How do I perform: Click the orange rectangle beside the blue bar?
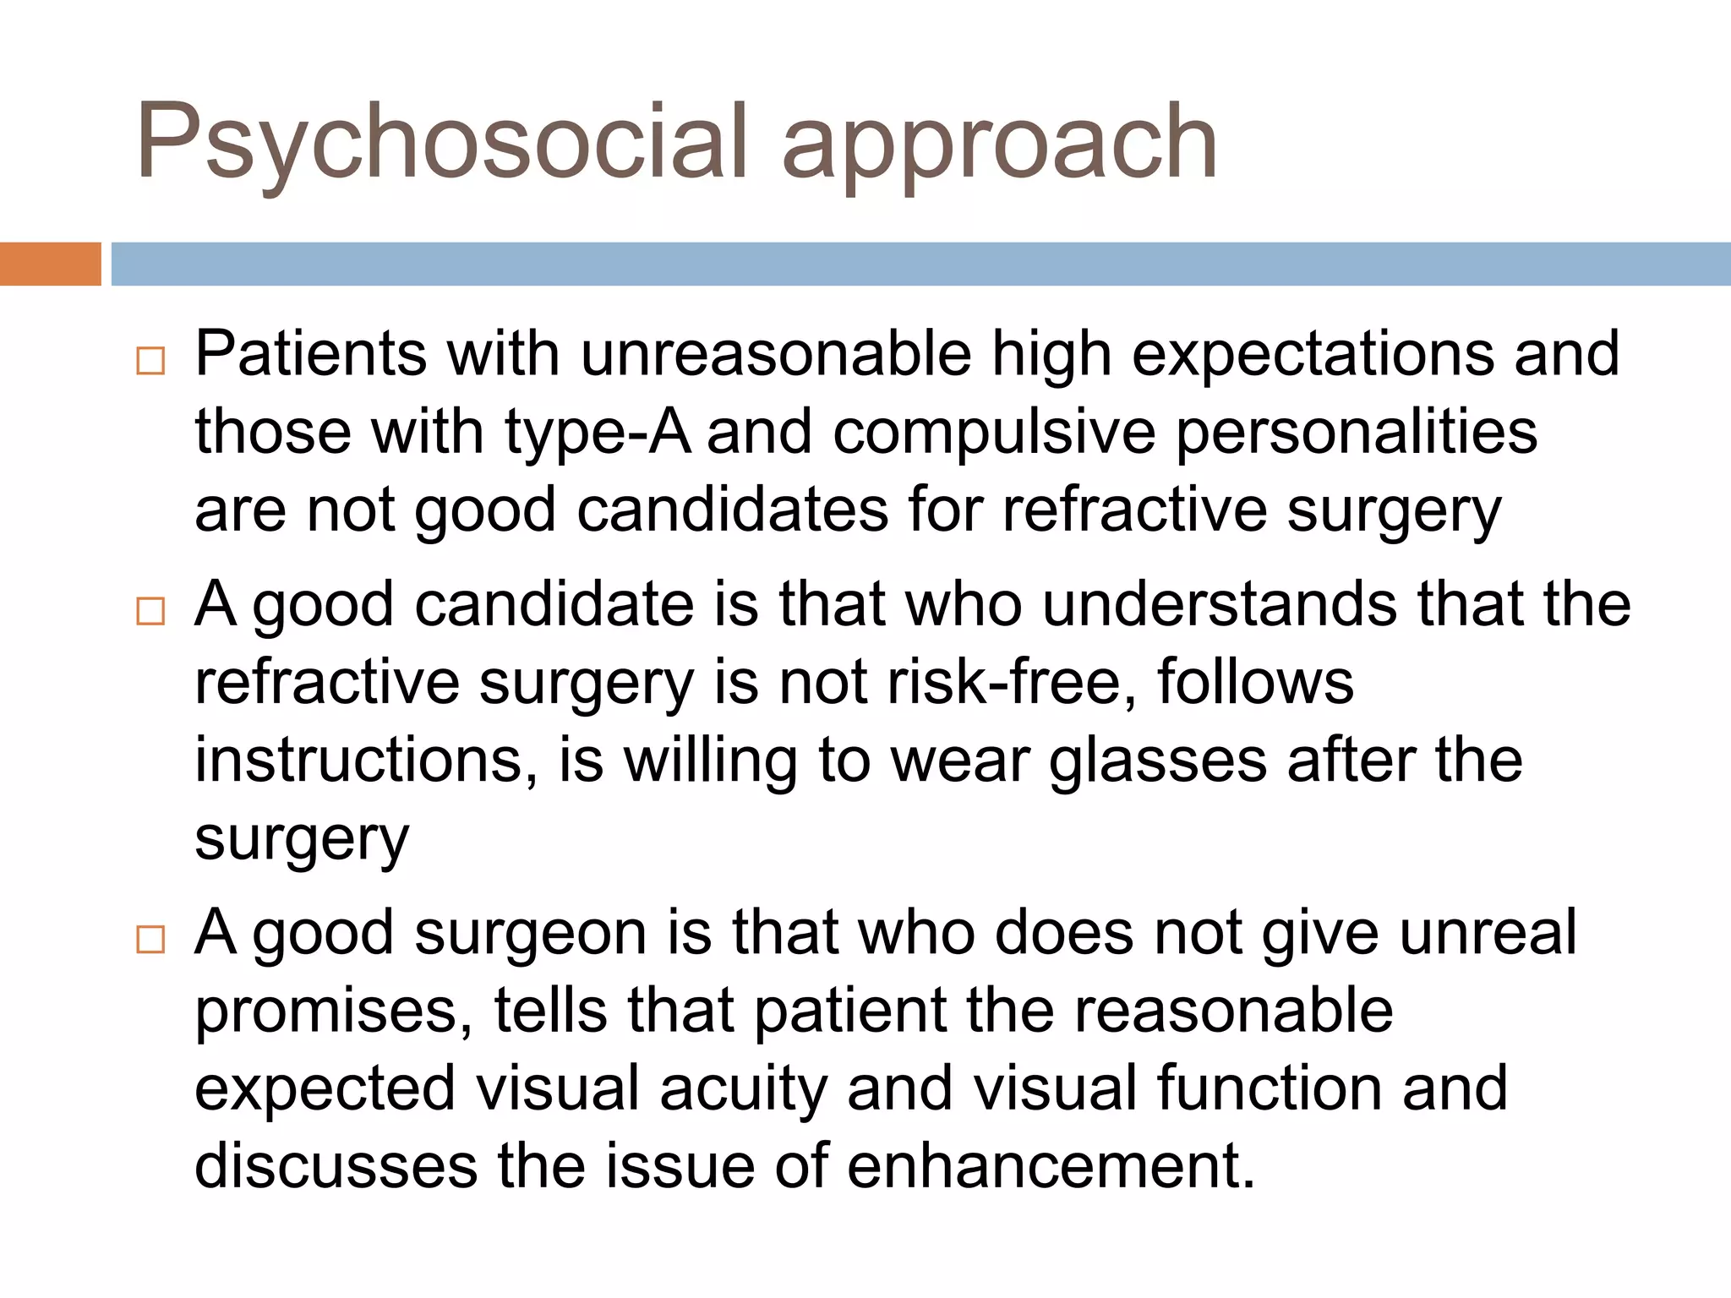point(50,264)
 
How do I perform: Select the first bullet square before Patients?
point(150,361)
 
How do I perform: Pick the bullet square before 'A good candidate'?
point(150,610)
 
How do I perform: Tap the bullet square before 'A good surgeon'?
point(150,939)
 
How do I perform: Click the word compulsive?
point(994,433)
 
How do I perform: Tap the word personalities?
point(1357,433)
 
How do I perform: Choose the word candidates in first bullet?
point(732,510)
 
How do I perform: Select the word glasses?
point(1158,761)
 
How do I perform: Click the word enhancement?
point(1051,1166)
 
